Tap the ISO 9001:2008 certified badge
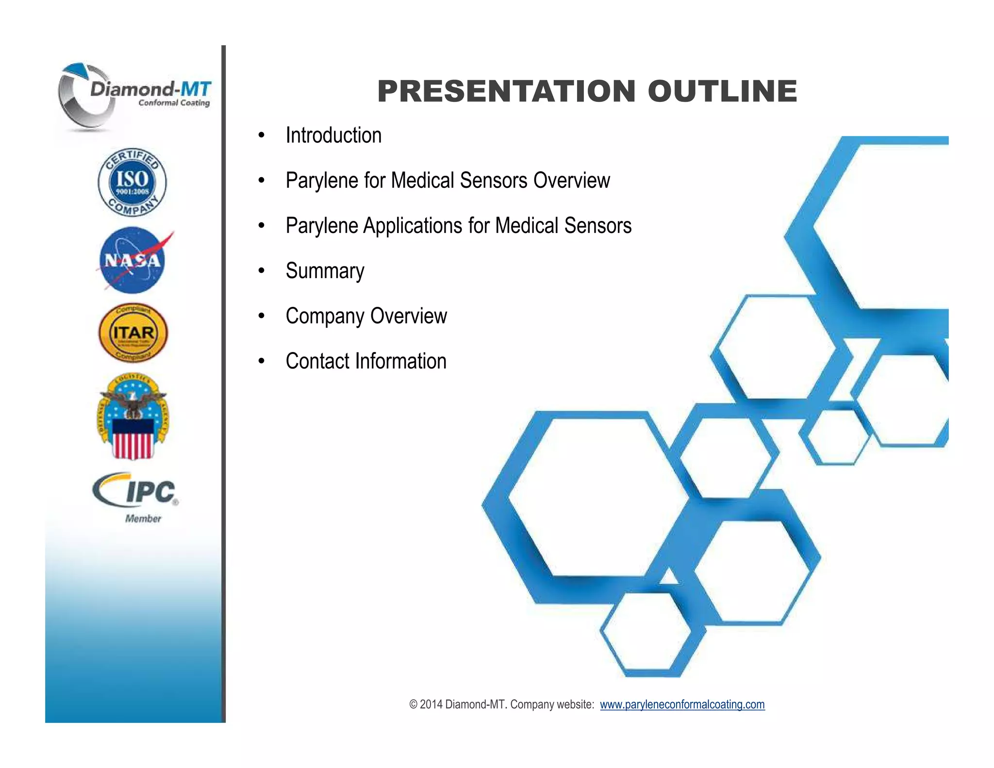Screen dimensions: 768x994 coord(132,182)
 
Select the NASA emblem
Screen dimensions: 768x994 coord(133,261)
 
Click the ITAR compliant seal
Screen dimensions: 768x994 coord(133,333)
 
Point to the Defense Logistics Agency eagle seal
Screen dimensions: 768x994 coord(133,417)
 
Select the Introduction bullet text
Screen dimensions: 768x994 coord(333,135)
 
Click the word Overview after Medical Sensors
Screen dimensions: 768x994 coord(571,181)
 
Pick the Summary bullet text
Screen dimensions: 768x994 coord(325,271)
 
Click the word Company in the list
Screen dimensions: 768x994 coord(324,317)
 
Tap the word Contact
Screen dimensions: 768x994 coord(317,361)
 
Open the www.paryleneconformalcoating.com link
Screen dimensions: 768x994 coord(682,704)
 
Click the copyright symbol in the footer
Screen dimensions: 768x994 coord(414,704)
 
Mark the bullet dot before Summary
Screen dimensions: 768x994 coord(262,271)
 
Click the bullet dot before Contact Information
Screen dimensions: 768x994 coord(262,361)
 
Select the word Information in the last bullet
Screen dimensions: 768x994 coord(400,361)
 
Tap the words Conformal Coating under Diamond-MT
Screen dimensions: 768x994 coord(174,103)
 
